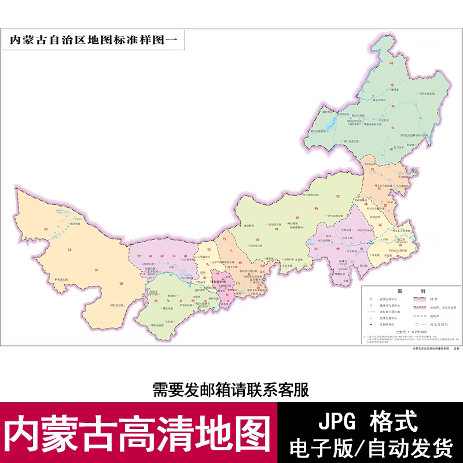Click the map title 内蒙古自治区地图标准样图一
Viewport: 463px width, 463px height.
(x=93, y=41)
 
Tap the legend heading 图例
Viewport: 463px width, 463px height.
(x=407, y=291)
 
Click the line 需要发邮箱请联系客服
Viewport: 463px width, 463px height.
(x=231, y=389)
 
